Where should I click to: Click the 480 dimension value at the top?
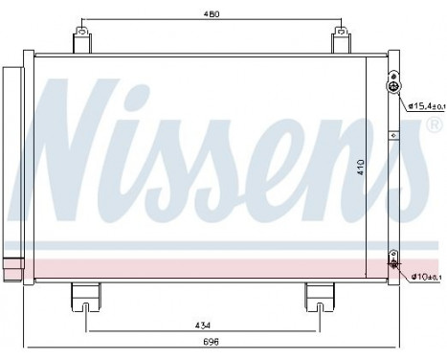click(x=211, y=14)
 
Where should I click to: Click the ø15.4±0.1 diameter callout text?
click(x=425, y=105)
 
